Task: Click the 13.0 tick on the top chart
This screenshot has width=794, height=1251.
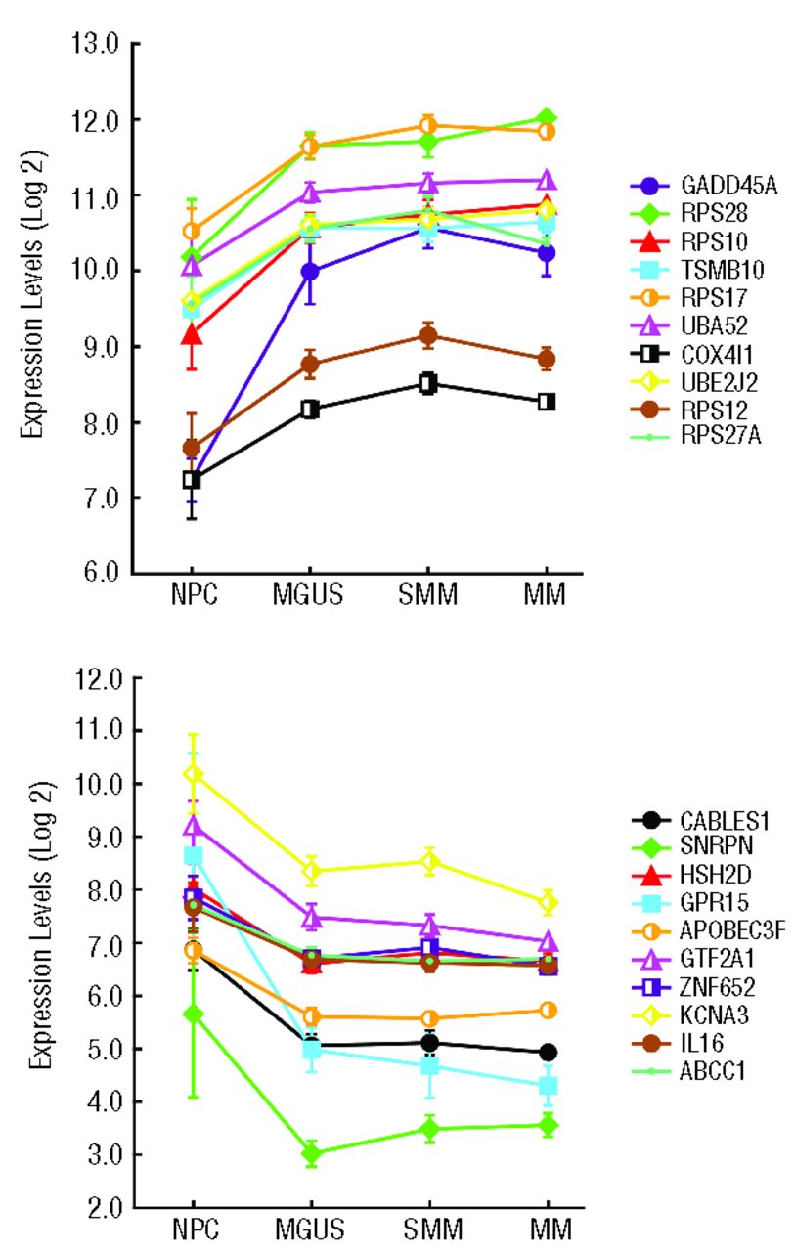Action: tap(95, 44)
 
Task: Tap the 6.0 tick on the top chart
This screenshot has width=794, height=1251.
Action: tap(98, 573)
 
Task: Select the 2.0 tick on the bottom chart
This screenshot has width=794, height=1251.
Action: tap(98, 1209)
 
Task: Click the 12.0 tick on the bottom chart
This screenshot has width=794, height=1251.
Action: tap(95, 677)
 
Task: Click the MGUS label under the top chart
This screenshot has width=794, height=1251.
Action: tap(309, 596)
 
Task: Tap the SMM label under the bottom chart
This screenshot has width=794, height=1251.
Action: tap(429, 1232)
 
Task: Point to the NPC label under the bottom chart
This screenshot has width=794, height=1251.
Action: tap(194, 1232)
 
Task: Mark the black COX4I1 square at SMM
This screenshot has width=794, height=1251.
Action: tap(427, 383)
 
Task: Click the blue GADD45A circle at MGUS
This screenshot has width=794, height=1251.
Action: tap(310, 272)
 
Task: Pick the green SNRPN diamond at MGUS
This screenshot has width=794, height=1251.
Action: tap(311, 1154)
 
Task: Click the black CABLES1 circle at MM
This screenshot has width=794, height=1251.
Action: tap(547, 1053)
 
